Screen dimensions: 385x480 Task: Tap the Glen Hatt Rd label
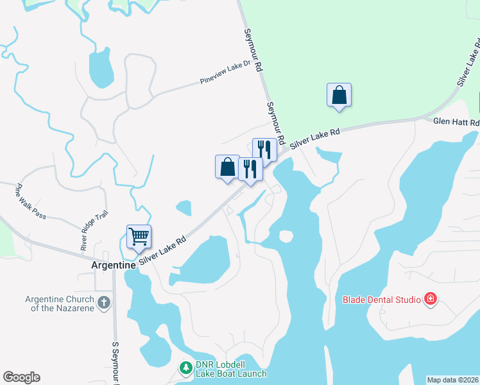pos(456,122)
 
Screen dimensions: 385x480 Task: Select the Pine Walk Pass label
pos(31,201)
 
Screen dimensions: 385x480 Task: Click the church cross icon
pos(104,302)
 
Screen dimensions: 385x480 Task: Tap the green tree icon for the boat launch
pos(185,368)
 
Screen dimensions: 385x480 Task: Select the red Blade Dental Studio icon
pos(431,299)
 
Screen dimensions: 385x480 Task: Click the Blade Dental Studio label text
pos(381,299)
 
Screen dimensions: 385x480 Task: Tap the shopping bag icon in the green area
pos(339,96)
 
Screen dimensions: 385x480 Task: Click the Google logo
pos(21,377)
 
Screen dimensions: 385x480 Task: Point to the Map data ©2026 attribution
pos(452,380)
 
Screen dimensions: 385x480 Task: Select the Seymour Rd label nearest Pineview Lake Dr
pos(254,50)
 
